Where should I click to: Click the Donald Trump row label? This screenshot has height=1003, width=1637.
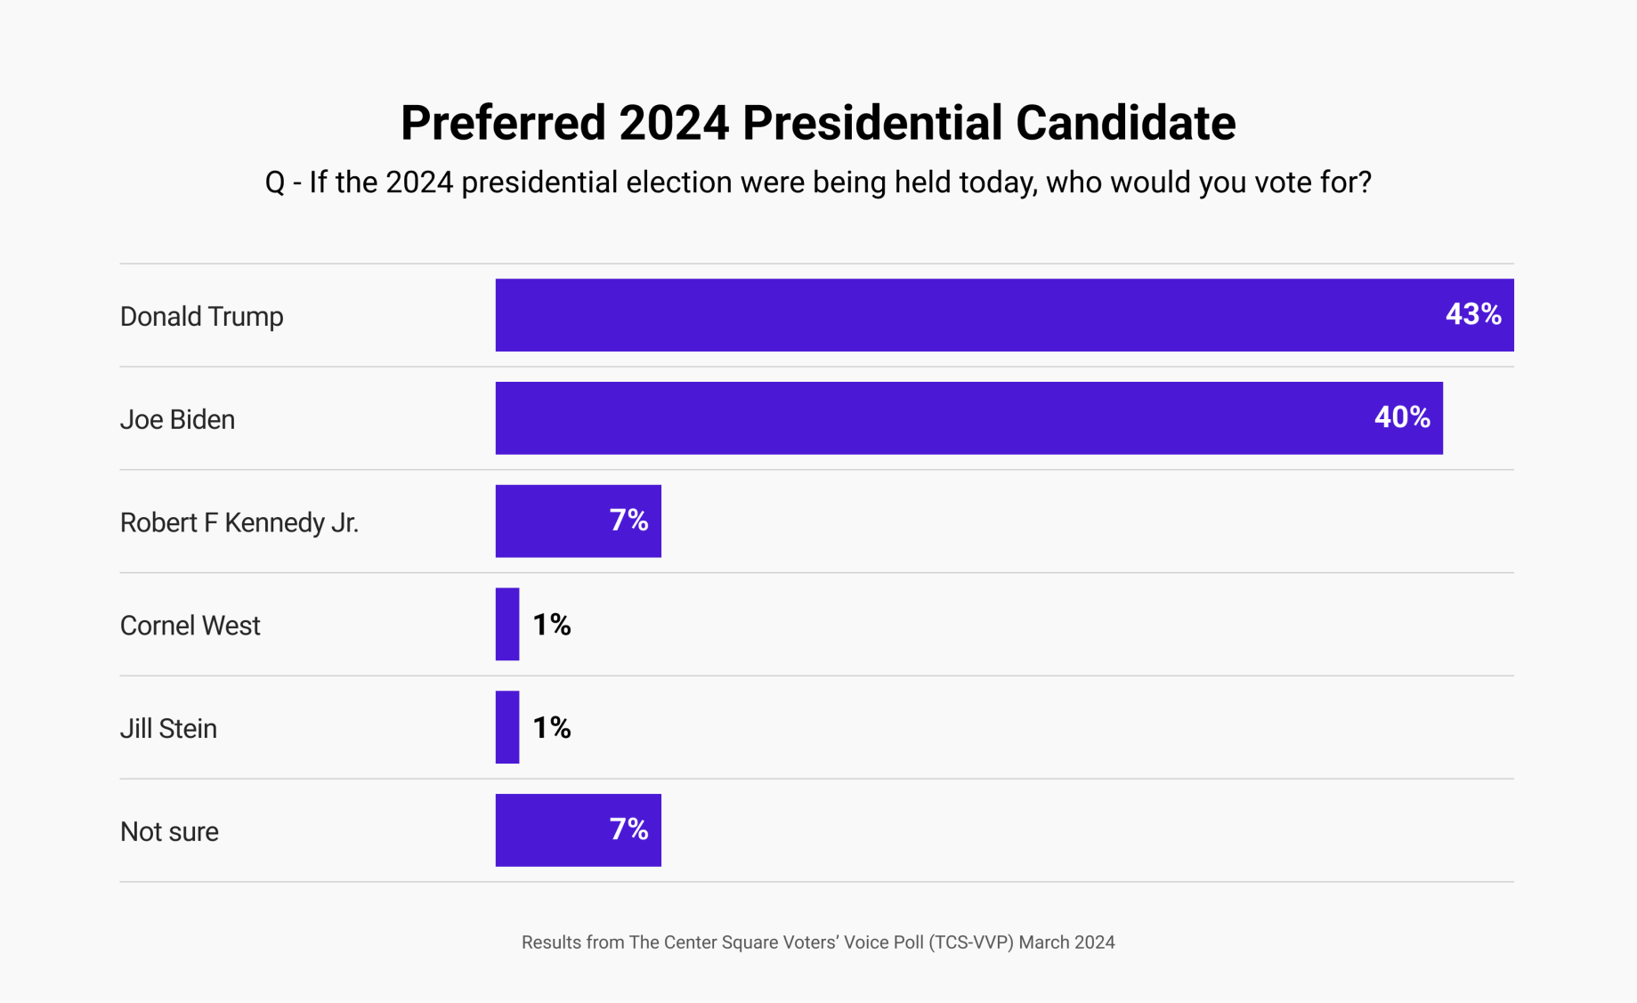click(x=201, y=317)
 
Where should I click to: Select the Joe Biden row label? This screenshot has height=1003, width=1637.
click(x=177, y=419)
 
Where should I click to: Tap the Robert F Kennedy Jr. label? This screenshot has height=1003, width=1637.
click(x=239, y=522)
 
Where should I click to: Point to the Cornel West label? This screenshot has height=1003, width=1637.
click(x=190, y=626)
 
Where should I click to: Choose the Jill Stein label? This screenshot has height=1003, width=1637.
click(x=168, y=729)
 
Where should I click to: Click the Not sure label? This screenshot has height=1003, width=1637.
click(x=169, y=831)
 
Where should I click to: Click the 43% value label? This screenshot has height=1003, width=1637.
click(x=1472, y=314)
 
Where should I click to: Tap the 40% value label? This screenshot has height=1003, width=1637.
click(x=1401, y=417)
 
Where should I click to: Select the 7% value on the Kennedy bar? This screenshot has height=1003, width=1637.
click(x=628, y=521)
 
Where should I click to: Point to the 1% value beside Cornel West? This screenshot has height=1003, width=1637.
click(x=551, y=625)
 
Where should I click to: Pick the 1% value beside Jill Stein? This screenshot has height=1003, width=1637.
click(x=551, y=728)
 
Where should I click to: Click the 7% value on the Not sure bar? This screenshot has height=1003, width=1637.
click(x=628, y=829)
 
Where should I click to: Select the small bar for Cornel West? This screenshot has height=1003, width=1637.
click(x=507, y=624)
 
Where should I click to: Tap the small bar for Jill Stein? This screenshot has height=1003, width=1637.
click(x=507, y=727)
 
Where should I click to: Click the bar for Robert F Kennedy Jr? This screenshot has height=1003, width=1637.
click(x=552, y=522)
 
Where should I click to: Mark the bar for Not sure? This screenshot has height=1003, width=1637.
click(x=552, y=830)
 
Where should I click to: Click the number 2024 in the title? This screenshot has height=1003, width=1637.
click(x=674, y=123)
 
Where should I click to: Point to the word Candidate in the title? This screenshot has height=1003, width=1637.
click(x=1125, y=123)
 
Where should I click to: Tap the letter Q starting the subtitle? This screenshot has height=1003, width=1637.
click(x=275, y=183)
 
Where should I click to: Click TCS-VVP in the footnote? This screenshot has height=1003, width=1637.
click(x=970, y=942)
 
